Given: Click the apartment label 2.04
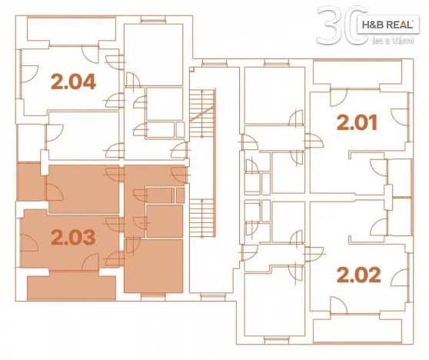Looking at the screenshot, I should click(x=73, y=81).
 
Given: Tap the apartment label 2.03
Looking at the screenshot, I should click(x=73, y=237).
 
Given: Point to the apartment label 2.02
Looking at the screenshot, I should click(x=358, y=275).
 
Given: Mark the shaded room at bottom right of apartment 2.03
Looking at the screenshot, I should click(x=153, y=266).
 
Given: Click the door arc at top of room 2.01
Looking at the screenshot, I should click(x=338, y=98).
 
